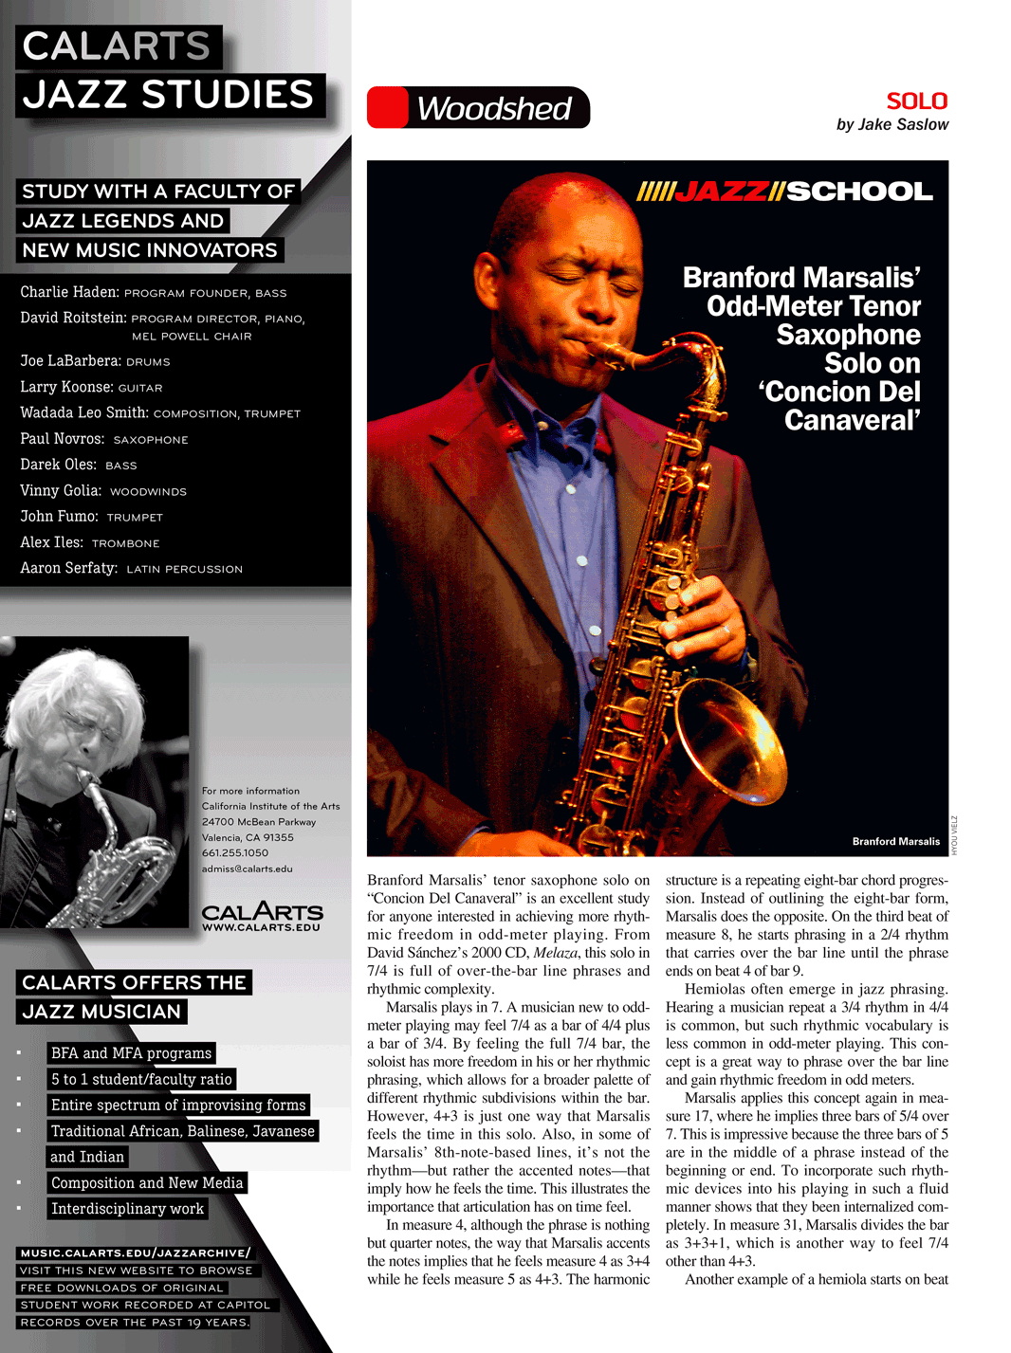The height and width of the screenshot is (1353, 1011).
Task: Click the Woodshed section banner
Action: [x=478, y=108]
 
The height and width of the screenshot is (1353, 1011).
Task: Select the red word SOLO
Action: [x=916, y=101]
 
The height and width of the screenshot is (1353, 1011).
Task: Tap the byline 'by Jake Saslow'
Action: [x=892, y=124]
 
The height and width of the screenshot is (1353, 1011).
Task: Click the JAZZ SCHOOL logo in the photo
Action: [x=784, y=191]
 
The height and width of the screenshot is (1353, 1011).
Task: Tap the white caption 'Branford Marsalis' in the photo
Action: [x=895, y=841]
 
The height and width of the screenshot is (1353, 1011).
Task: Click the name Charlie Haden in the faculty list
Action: [x=69, y=292]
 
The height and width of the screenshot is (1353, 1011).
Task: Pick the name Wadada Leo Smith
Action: [x=83, y=412]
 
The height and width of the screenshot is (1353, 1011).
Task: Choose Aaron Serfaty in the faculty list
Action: [x=68, y=568]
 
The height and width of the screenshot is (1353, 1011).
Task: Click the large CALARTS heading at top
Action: [x=117, y=46]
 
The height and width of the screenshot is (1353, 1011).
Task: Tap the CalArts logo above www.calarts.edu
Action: [x=262, y=912]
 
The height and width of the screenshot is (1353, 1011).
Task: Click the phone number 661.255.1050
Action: [x=234, y=852]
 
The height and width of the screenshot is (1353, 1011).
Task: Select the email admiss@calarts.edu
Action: [x=247, y=868]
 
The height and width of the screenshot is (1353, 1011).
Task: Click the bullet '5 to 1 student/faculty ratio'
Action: [x=141, y=1079]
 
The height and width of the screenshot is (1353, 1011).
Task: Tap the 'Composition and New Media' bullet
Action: [x=147, y=1182]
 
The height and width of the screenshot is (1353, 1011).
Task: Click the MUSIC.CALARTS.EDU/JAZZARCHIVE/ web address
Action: [x=135, y=1252]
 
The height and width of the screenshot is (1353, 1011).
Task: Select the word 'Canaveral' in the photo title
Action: [x=852, y=420]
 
